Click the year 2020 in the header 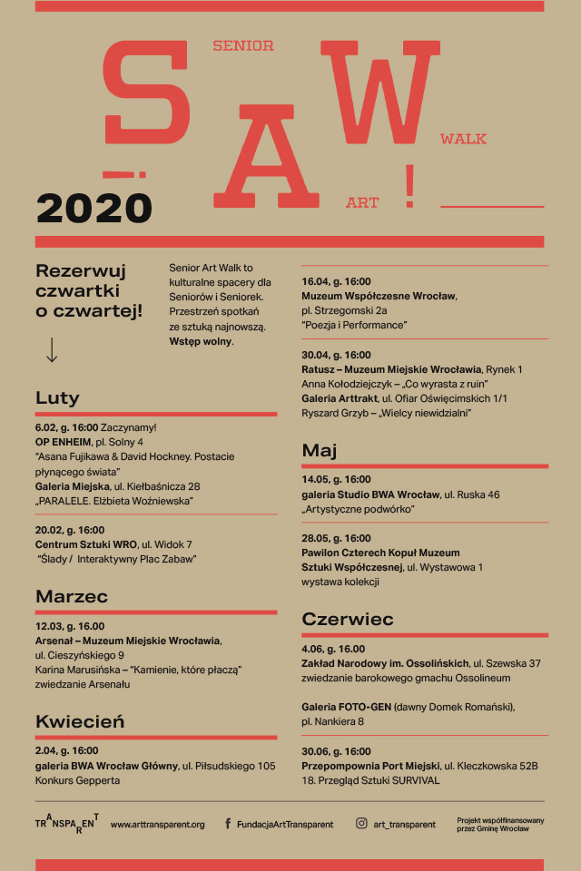coord(94,210)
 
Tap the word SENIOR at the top coord(242,45)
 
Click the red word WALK coord(463,139)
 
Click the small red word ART coord(362,203)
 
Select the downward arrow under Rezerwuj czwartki coord(52,349)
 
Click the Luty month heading coord(57,398)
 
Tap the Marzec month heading coord(72,597)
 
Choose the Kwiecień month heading coord(80,722)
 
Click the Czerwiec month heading coord(347,620)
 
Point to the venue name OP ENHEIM coord(64,442)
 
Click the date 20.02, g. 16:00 coord(70,530)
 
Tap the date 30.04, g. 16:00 coord(336,355)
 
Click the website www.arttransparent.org coord(157,825)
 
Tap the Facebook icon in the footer coord(228,824)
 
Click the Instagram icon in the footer coord(361,824)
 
